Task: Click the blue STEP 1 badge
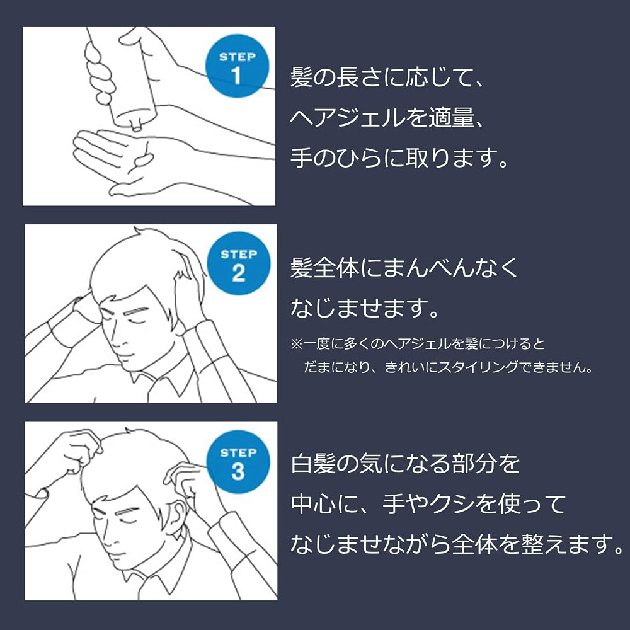[237, 66]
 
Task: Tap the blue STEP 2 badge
[239, 263]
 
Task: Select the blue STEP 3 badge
[238, 462]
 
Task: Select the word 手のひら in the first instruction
[336, 158]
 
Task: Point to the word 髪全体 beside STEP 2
[324, 267]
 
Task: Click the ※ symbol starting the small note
[296, 344]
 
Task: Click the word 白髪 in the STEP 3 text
[313, 463]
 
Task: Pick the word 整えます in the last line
[567, 544]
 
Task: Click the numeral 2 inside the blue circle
[238, 273]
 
